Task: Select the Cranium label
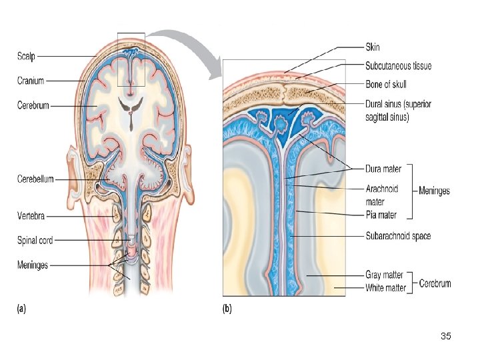pyautogui.click(x=31, y=81)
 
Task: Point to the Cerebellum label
pyautogui.click(x=35, y=179)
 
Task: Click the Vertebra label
pyautogui.click(x=31, y=215)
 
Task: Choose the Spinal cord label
pyautogui.click(x=35, y=239)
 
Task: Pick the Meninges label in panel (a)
pyautogui.click(x=33, y=265)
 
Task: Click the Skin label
pyautogui.click(x=373, y=47)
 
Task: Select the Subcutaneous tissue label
pyautogui.click(x=398, y=66)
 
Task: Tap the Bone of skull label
pyautogui.click(x=386, y=85)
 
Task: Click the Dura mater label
pyautogui.click(x=383, y=169)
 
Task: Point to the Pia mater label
pyautogui.click(x=381, y=215)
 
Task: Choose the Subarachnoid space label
pyautogui.click(x=398, y=236)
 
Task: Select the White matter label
pyautogui.click(x=386, y=288)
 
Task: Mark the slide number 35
pyautogui.click(x=446, y=336)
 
